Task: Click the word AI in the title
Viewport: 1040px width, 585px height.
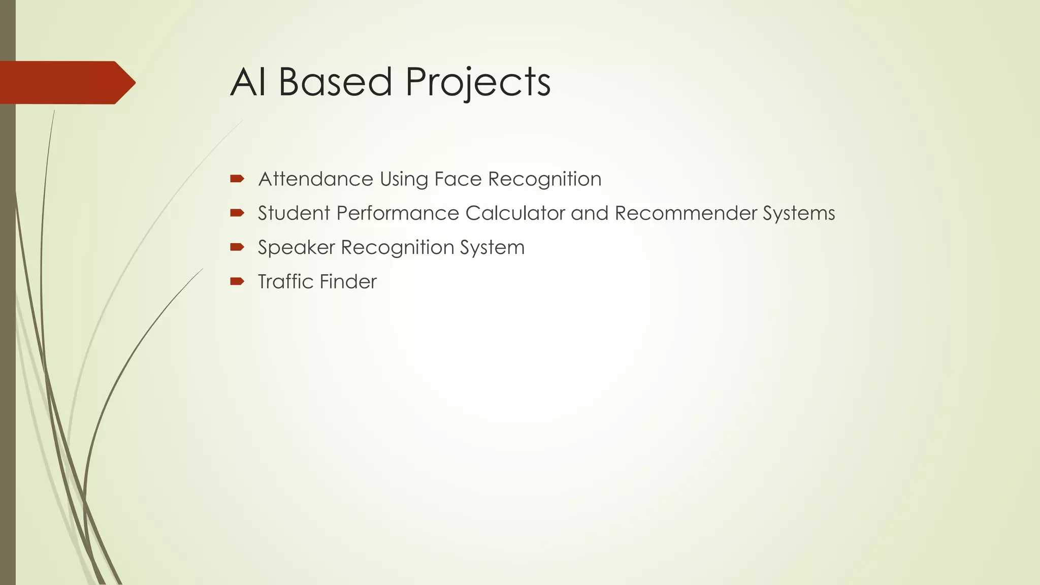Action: pos(248,82)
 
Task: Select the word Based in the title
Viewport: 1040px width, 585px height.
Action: pos(335,82)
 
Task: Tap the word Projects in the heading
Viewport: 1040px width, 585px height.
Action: pos(477,83)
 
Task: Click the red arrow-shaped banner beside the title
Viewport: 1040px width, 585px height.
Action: pos(66,83)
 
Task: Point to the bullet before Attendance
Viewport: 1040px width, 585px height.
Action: pos(237,178)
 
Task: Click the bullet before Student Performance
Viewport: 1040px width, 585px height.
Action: pos(237,213)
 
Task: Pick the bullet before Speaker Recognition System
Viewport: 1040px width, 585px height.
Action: pos(237,247)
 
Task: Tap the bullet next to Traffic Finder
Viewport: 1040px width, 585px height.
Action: pos(237,281)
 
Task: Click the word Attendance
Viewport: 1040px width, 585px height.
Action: pos(315,179)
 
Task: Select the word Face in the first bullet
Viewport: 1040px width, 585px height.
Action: pos(458,179)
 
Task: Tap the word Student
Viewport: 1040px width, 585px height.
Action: pos(294,213)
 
